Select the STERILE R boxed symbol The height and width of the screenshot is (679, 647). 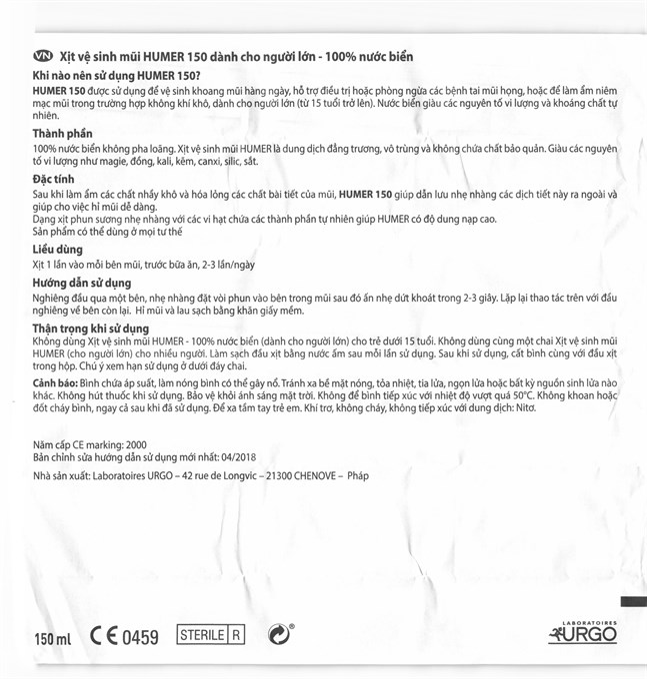click(210, 635)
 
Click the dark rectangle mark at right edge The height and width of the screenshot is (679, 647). click(633, 602)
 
